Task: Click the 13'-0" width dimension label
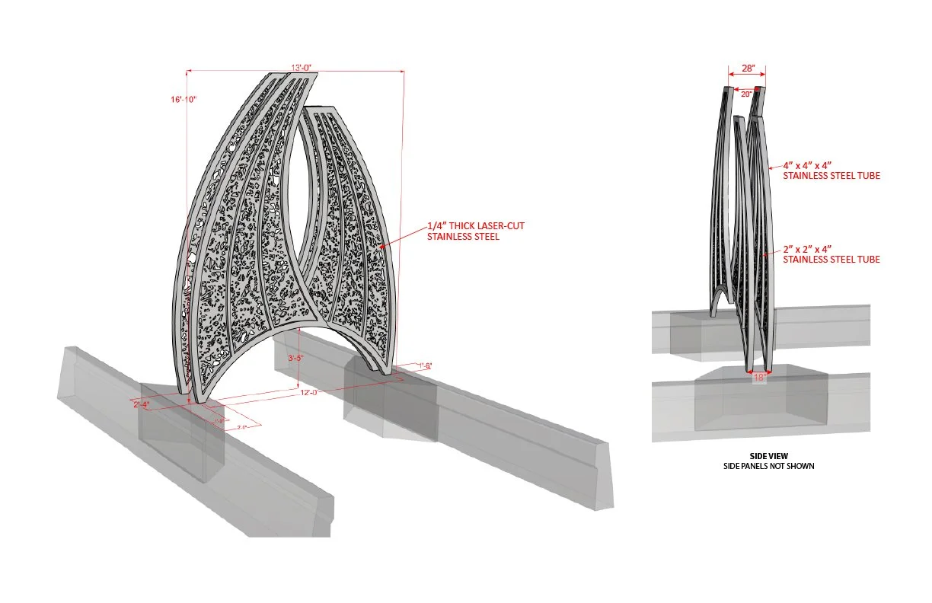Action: tap(301, 68)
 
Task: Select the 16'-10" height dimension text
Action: tap(184, 100)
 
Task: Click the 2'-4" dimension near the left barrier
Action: tap(142, 404)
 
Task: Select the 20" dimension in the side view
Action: tap(746, 94)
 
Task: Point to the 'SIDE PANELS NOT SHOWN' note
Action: tap(768, 465)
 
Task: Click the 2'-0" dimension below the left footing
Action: tap(242, 428)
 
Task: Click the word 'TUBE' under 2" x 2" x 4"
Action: tap(867, 260)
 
